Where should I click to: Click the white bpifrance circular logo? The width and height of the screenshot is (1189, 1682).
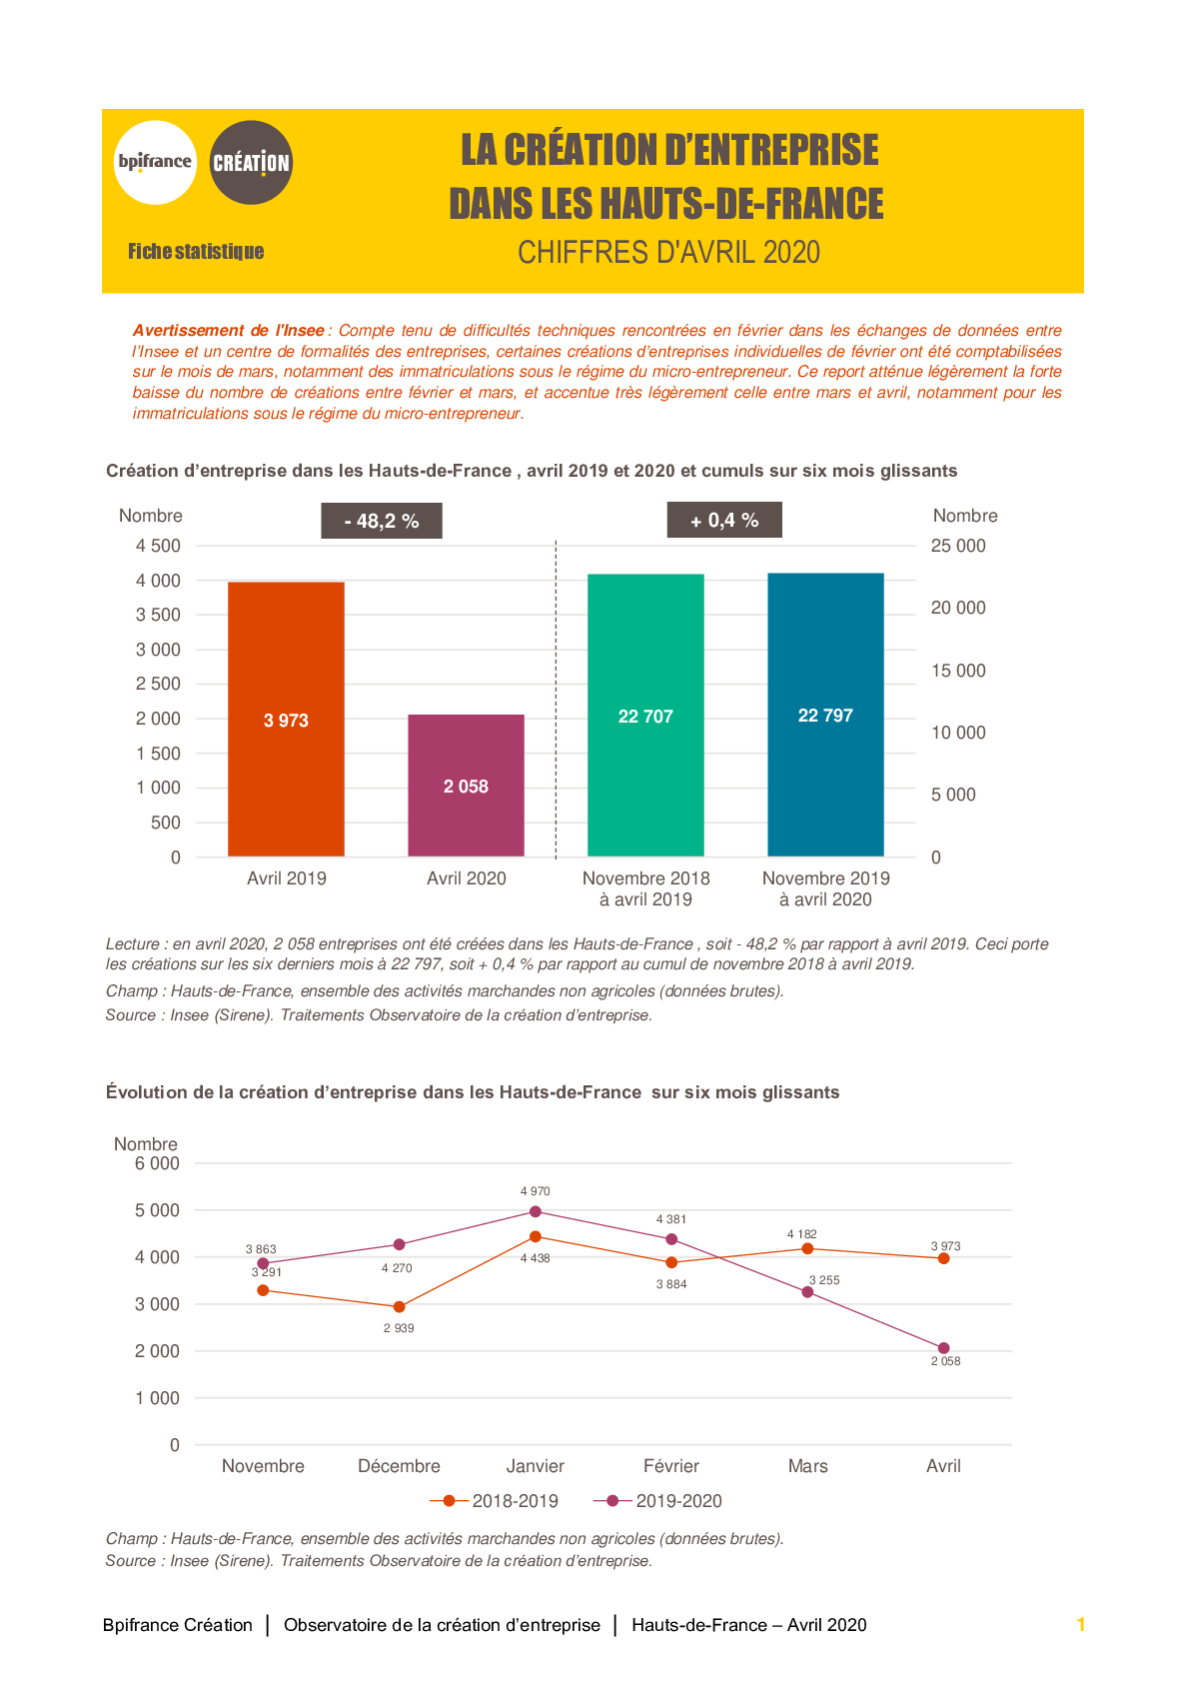click(x=156, y=162)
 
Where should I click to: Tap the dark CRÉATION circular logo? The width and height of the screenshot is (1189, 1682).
click(x=251, y=162)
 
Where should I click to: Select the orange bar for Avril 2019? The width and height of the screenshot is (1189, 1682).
click(x=286, y=719)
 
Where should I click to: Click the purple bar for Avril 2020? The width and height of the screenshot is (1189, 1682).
click(x=467, y=785)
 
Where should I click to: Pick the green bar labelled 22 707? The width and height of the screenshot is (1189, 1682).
click(x=645, y=715)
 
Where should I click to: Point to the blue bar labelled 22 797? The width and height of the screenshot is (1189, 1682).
click(x=825, y=715)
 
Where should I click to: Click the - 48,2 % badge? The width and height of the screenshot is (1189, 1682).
click(x=382, y=521)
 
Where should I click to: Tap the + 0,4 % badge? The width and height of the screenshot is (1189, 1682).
click(x=724, y=520)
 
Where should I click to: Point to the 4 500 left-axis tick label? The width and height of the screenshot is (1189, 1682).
click(x=158, y=546)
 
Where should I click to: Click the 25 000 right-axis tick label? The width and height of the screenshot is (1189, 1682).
click(x=958, y=546)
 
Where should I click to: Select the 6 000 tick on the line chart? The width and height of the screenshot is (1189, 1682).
click(x=157, y=1163)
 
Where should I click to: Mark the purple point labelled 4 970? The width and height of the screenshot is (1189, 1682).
click(x=536, y=1211)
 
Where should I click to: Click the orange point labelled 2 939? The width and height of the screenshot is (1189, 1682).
click(x=400, y=1306)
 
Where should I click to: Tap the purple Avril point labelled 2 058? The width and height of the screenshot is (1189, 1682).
click(x=943, y=1348)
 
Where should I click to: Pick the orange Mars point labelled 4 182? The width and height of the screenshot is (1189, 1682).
click(x=807, y=1248)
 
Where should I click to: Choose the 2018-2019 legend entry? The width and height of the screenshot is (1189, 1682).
click(x=494, y=1500)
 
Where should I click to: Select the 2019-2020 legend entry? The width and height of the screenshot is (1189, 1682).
click(x=657, y=1500)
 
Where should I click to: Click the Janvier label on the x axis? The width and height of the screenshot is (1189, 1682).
click(x=536, y=1466)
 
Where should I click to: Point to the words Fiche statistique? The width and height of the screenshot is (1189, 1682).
click(x=196, y=252)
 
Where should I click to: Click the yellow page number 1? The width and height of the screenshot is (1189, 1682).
click(x=1081, y=1624)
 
